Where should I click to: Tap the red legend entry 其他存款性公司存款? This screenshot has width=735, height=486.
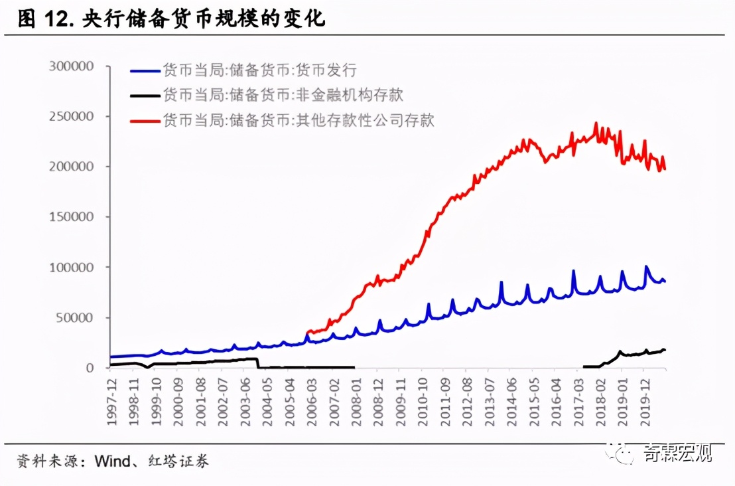tap(299, 120)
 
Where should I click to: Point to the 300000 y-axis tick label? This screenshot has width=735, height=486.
tap(72, 66)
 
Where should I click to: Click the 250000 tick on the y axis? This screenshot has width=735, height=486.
tap(72, 116)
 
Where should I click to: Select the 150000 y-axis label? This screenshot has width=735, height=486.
tap(72, 217)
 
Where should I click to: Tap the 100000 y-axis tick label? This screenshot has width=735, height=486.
tap(72, 267)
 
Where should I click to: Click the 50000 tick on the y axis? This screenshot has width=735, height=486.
tap(75, 317)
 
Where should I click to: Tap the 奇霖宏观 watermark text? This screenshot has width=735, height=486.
tap(677, 453)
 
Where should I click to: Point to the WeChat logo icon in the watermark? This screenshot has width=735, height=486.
tap(624, 453)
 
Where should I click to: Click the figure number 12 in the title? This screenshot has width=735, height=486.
tap(58, 19)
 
